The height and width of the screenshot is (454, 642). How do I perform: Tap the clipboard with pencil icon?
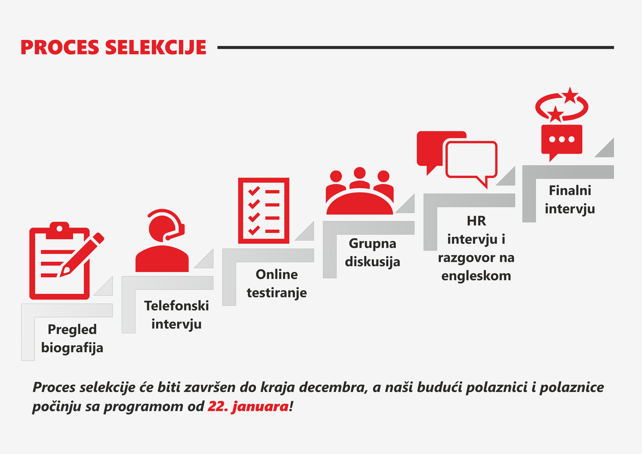[x=67, y=261]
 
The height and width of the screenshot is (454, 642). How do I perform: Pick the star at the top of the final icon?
[x=570, y=95]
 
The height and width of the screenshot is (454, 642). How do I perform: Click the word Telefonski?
[x=176, y=306]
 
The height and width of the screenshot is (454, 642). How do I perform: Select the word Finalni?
[x=570, y=190]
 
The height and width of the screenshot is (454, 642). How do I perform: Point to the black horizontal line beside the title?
[x=415, y=48]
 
